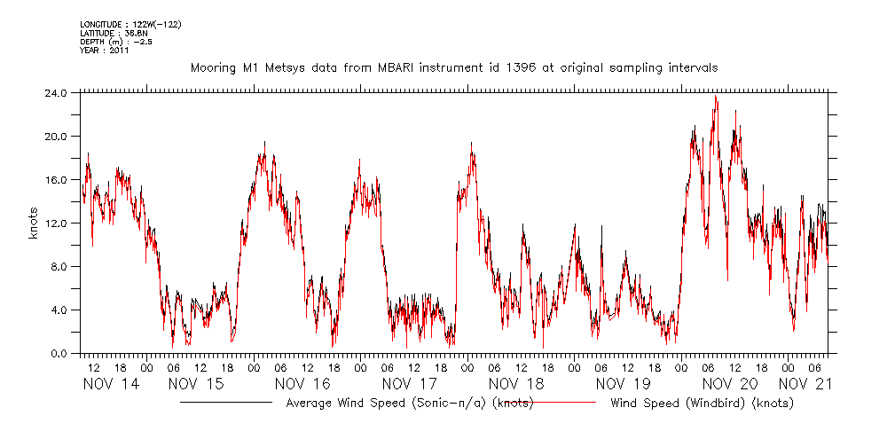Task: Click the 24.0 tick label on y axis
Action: point(55,93)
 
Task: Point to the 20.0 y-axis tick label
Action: point(55,137)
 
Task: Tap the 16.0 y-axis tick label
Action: point(55,180)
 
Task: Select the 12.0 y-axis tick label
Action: point(55,223)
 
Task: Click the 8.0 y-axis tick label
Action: point(59,267)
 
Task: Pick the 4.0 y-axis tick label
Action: point(59,310)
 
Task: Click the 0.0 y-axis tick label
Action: point(59,354)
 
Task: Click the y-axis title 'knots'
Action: point(33,223)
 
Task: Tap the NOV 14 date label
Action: point(111,384)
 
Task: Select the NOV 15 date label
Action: point(194,384)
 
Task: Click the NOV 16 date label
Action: point(302,384)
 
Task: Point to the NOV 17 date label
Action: point(409,384)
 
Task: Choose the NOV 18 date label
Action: point(516,384)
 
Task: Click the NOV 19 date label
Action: point(623,384)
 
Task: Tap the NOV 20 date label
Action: point(730,384)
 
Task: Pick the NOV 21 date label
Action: point(805,384)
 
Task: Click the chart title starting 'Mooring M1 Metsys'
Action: point(454,67)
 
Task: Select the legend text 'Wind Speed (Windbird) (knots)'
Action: point(702,404)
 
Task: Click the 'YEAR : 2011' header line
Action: point(105,50)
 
